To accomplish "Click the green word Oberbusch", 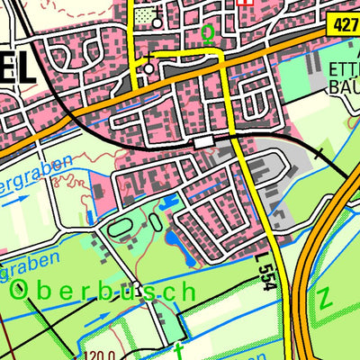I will (103, 291).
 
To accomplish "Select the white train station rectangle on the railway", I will (204, 142).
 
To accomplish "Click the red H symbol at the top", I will (246, 3).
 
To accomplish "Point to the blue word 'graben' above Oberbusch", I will (31, 262).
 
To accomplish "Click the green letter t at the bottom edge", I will (180, 350).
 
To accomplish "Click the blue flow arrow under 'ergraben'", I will (13, 202).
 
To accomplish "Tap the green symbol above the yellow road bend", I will (209, 34).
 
